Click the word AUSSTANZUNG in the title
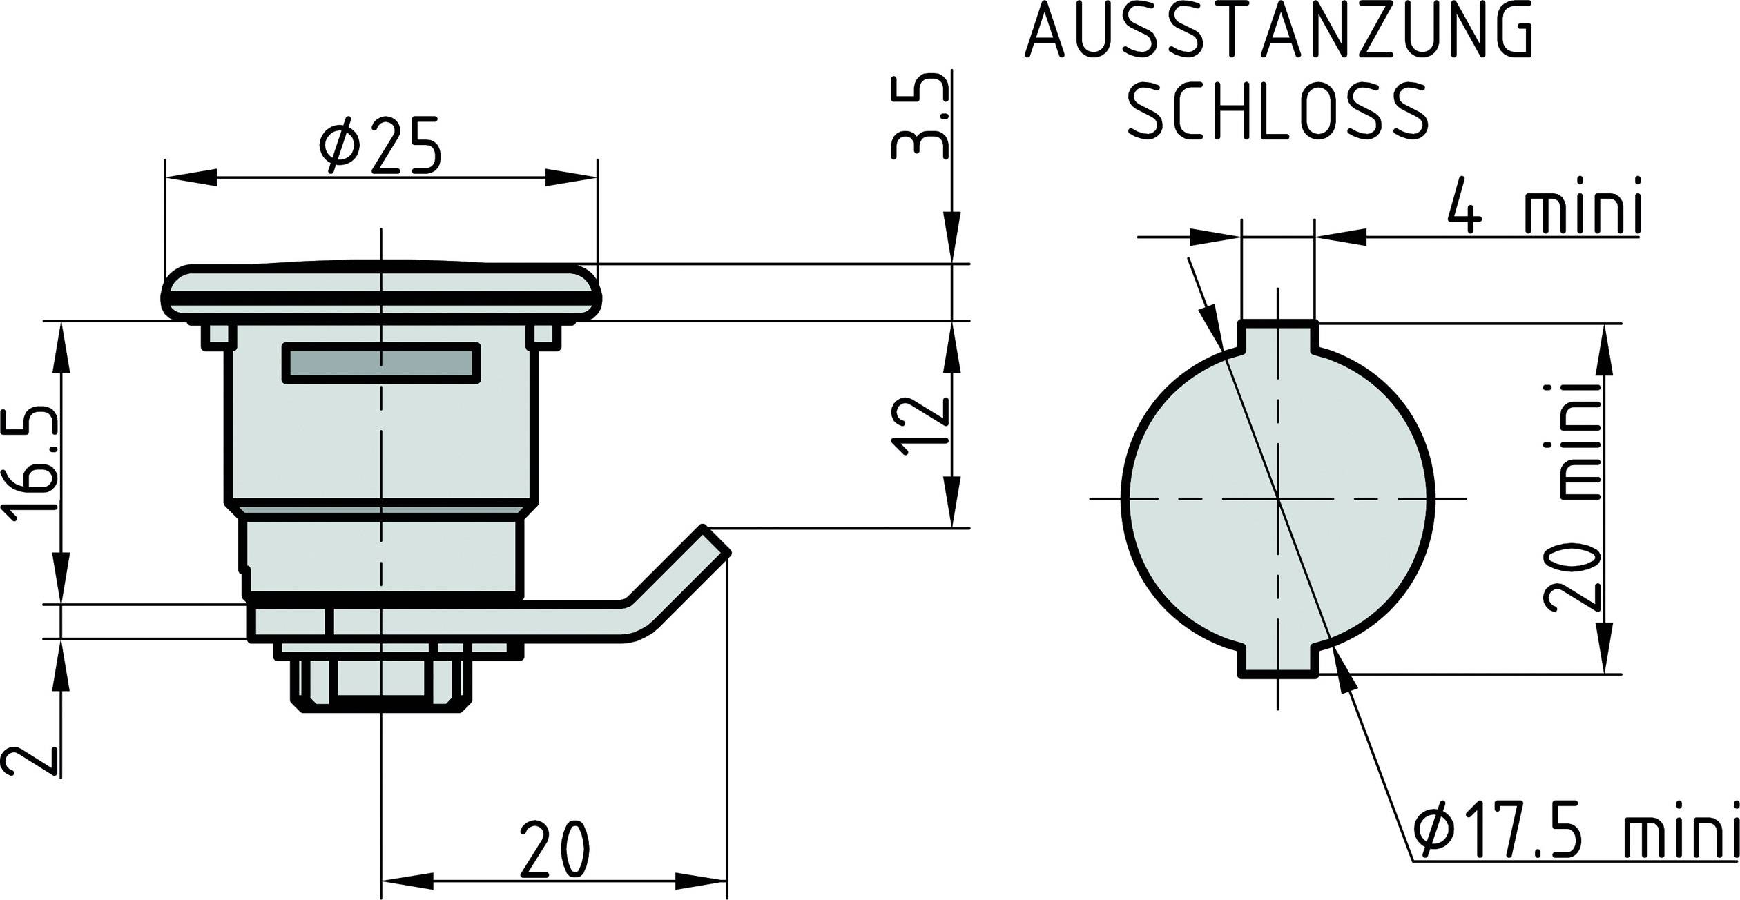(1279, 32)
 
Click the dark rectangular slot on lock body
(380, 362)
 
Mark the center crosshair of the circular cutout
(1278, 498)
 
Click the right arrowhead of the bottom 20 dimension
(701, 881)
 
